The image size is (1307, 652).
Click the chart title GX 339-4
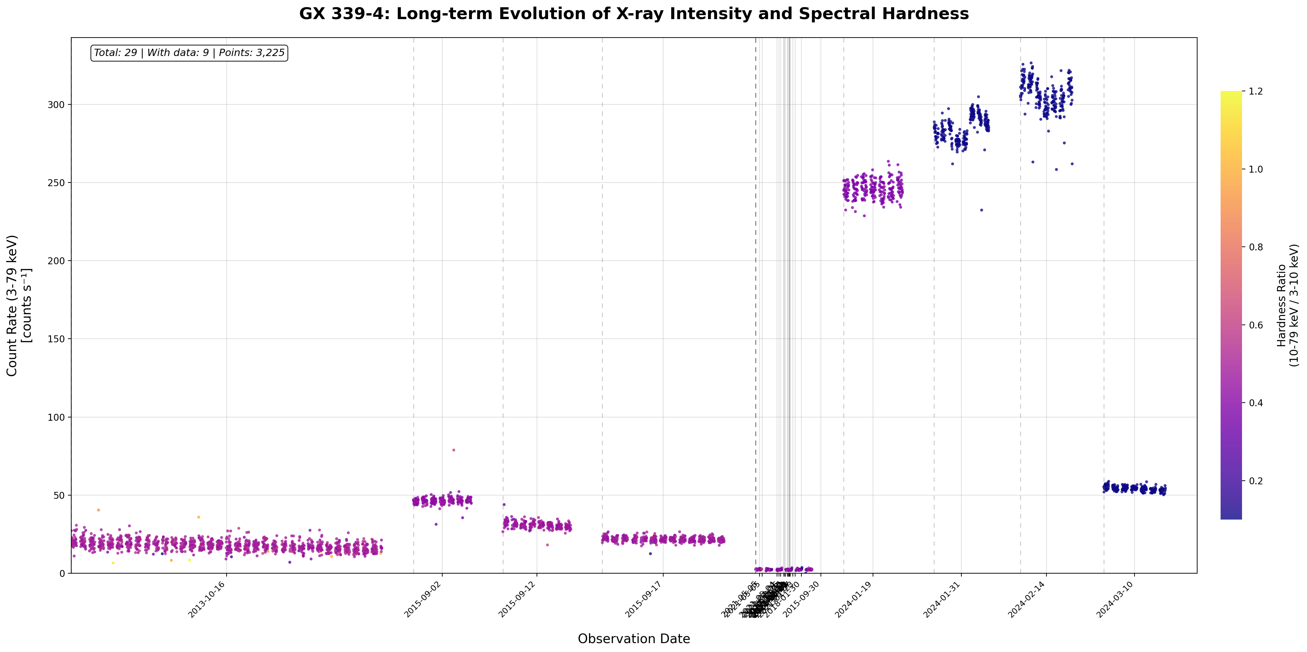click(x=634, y=14)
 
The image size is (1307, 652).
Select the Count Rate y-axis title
click(x=19, y=305)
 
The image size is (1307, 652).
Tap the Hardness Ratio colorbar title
click(x=1287, y=305)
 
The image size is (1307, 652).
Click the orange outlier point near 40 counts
click(x=98, y=510)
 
